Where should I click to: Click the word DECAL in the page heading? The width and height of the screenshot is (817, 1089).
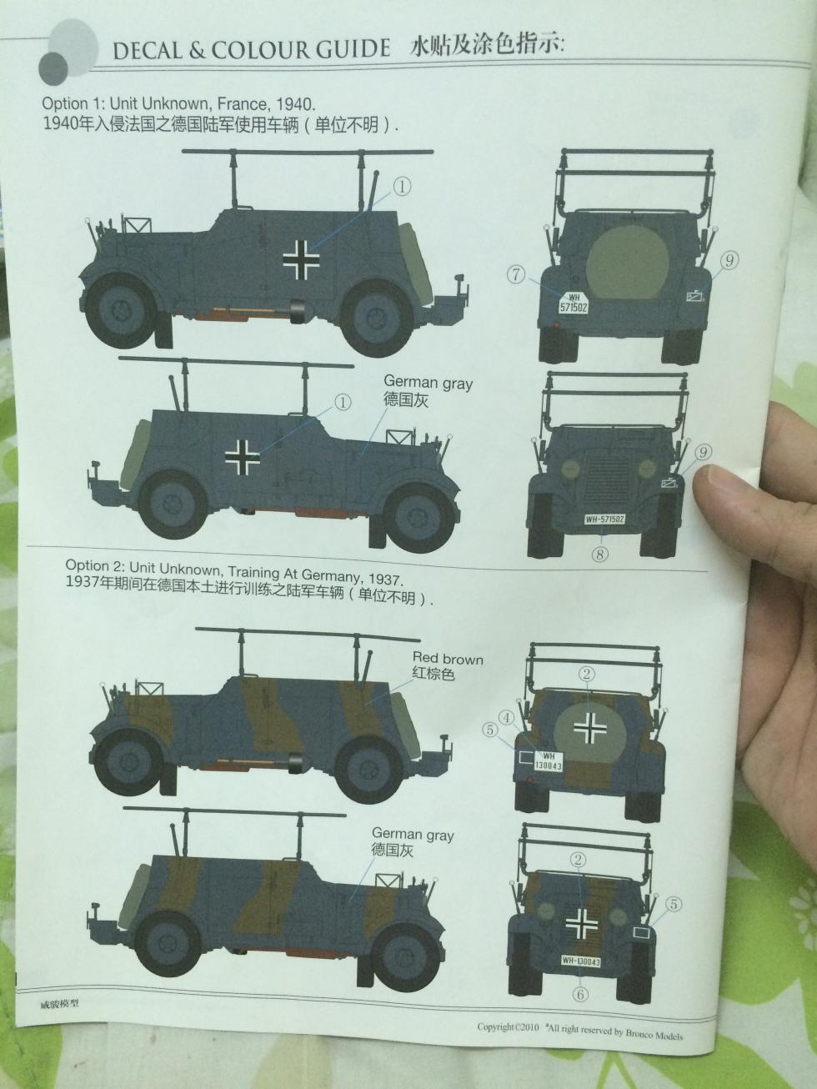148,51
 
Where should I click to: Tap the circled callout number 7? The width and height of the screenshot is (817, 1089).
517,274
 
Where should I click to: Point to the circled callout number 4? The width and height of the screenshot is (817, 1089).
507,718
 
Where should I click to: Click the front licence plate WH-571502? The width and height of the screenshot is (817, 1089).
604,519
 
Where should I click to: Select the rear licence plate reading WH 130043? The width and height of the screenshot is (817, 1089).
548,760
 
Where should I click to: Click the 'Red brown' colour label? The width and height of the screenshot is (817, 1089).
448,659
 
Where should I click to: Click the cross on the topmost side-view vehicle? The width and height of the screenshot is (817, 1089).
301,260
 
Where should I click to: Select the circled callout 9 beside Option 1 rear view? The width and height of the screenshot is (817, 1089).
729,260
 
